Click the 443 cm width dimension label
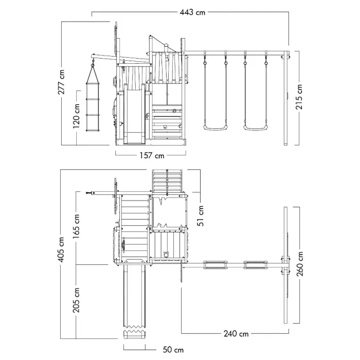(192, 12)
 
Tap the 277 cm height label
(61, 82)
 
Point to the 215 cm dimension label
(299, 97)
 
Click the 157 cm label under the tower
(152, 155)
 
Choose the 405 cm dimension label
(61, 249)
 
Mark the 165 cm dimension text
(76, 226)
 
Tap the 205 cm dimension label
(76, 300)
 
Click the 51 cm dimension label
(201, 215)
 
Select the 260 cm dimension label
(299, 263)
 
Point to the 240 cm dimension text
(236, 334)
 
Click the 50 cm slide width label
(173, 350)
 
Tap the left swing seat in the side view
(215, 128)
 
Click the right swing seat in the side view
(255, 128)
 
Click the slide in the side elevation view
(135, 114)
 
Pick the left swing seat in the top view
(215, 264)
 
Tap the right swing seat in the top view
(255, 264)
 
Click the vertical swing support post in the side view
(286, 98)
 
